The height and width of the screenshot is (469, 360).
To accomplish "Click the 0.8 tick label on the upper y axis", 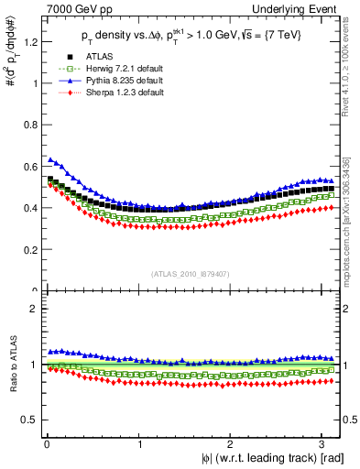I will (x=25, y=125).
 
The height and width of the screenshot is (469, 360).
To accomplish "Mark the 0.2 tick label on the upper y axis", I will (x=25, y=249).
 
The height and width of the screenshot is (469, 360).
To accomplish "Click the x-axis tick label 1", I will (x=139, y=444).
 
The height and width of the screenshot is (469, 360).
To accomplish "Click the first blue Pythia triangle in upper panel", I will (x=50, y=158).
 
